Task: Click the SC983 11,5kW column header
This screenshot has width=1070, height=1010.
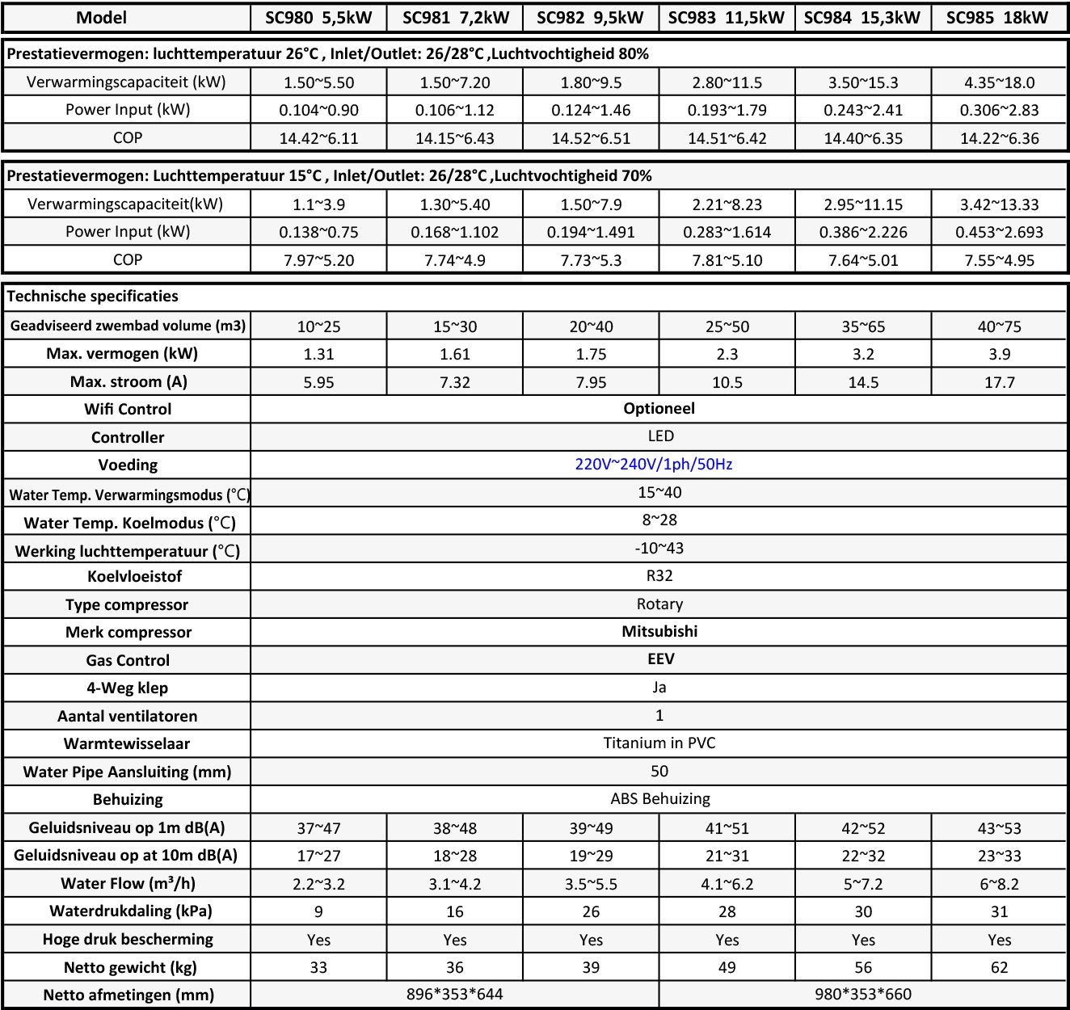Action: [727, 18]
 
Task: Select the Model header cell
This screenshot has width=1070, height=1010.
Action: [101, 18]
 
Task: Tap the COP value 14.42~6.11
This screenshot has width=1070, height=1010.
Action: [318, 138]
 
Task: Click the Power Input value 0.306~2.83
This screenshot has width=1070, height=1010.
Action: [999, 110]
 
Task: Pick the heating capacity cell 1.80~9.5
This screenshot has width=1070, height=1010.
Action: [591, 82]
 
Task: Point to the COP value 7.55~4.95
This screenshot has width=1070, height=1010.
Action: [999, 260]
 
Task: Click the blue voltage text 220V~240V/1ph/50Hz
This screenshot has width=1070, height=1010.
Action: [654, 464]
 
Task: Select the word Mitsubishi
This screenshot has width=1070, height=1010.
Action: [659, 631]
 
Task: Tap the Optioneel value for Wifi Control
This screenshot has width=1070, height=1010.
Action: [659, 408]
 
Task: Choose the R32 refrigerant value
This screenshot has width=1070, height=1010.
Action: [659, 575]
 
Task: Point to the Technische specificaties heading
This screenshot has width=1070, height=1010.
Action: [93, 296]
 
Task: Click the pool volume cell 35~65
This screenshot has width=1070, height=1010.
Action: [863, 326]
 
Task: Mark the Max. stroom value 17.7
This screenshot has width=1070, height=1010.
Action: [999, 382]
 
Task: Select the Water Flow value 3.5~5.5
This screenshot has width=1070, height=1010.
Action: [591, 884]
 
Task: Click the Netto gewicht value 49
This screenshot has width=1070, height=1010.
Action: [727, 967]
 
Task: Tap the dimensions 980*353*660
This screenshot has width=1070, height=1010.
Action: [863, 994]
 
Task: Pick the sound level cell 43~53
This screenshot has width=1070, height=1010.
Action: [999, 828]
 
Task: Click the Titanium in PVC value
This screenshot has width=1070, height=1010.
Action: [659, 743]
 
